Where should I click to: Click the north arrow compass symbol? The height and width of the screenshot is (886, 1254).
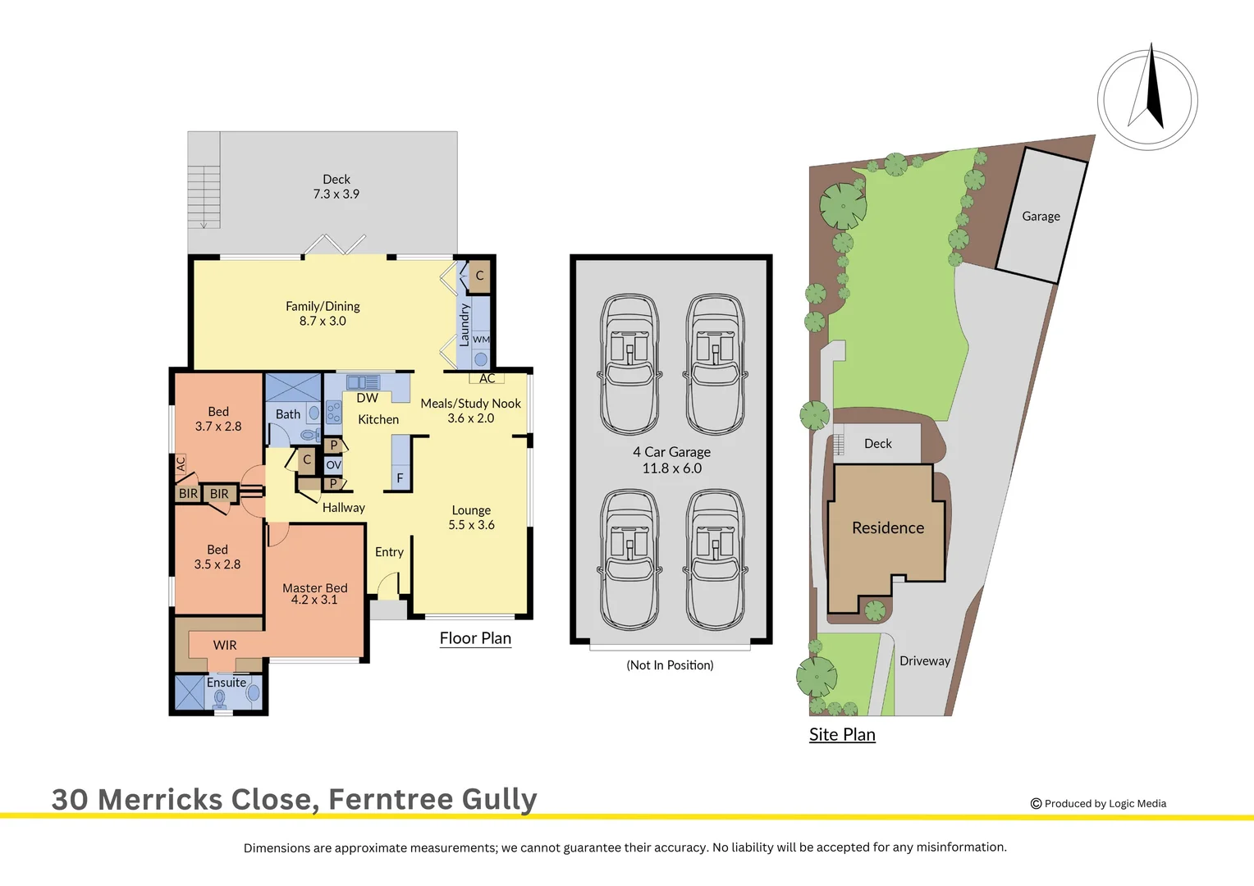point(1147,99)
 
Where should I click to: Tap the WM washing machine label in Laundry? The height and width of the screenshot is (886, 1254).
point(481,340)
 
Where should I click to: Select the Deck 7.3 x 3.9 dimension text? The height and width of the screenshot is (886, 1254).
point(336,194)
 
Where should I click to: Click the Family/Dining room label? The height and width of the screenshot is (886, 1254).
point(323,306)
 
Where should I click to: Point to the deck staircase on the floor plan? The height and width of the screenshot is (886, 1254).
point(204,196)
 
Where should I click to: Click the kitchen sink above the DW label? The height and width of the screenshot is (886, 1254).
point(362,382)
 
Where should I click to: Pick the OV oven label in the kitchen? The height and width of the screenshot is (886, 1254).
point(333,465)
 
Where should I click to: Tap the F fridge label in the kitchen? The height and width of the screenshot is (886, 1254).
point(400,478)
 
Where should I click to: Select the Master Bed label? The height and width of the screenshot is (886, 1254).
point(314,588)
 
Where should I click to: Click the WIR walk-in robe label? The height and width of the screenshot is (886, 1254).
point(225,646)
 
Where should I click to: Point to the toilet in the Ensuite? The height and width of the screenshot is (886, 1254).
point(220,698)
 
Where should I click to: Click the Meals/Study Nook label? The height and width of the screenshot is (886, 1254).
point(470,404)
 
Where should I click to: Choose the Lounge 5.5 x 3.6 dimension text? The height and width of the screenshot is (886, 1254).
point(471,525)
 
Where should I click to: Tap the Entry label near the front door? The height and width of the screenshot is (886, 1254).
point(389,552)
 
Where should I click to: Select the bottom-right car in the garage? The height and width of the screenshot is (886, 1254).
point(716,559)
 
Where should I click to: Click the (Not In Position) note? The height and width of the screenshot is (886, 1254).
point(670,665)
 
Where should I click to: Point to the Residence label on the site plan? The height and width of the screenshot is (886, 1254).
point(888,528)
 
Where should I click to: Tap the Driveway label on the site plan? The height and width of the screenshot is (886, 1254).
point(924,661)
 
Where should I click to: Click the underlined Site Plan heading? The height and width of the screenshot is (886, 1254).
point(842,735)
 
